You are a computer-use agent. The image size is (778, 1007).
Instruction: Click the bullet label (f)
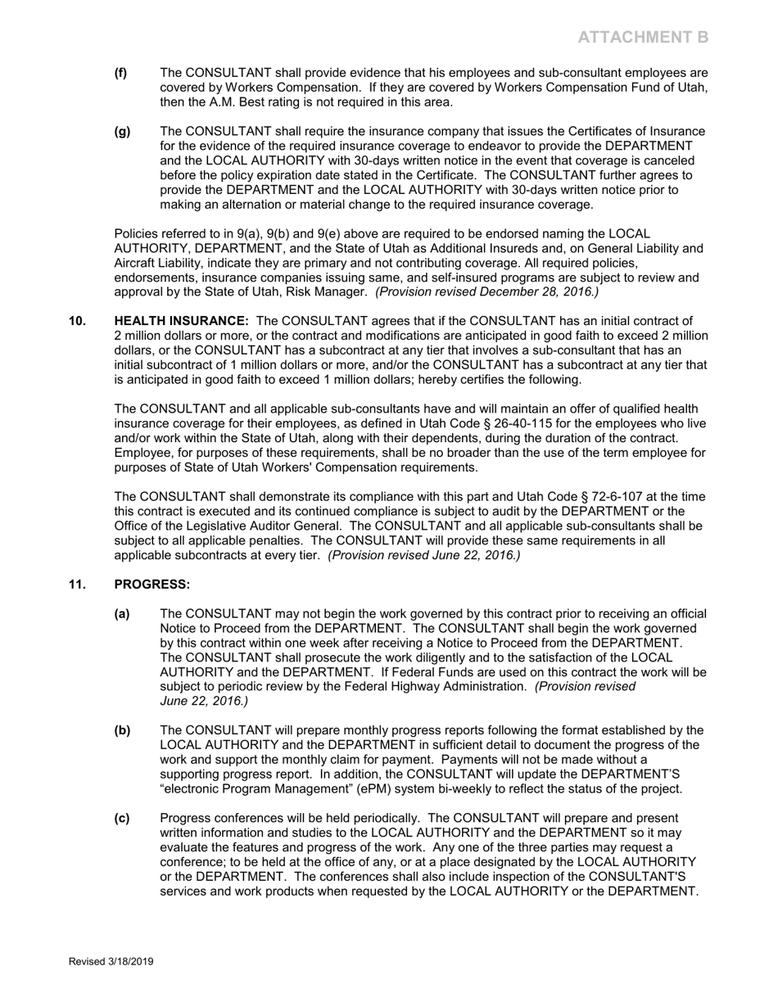point(121,73)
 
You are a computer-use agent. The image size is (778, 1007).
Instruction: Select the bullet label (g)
point(122,132)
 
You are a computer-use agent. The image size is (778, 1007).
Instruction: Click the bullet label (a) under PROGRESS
point(122,614)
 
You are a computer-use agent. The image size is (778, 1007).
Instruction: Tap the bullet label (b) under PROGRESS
point(122,730)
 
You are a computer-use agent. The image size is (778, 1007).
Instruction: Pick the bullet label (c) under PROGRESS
point(121,819)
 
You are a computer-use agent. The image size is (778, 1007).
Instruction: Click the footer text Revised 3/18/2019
point(111,962)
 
